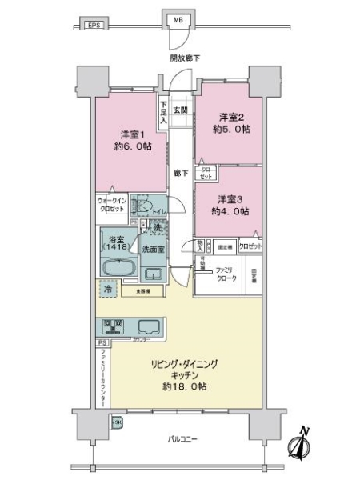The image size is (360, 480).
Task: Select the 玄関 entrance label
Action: (x=181, y=110)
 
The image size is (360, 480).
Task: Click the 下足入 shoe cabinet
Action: (x=163, y=108)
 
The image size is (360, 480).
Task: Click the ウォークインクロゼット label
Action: (x=110, y=204)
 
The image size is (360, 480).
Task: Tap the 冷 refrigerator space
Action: (x=107, y=290)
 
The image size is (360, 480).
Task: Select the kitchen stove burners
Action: (x=111, y=326)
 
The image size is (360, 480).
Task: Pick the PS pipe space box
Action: (x=102, y=343)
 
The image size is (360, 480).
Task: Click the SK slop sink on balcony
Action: (x=117, y=422)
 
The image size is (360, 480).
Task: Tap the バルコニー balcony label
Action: (x=184, y=439)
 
